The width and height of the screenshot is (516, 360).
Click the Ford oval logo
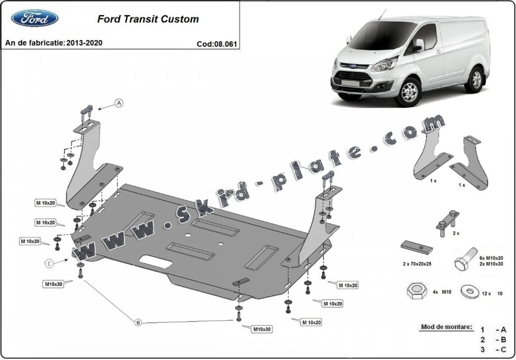(34, 18)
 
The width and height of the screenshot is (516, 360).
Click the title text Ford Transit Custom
(148, 19)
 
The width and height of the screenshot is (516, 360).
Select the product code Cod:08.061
(216, 44)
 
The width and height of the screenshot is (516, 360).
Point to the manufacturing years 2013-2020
(84, 43)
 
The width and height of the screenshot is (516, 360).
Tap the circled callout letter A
(119, 103)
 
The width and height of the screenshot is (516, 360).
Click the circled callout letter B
(138, 322)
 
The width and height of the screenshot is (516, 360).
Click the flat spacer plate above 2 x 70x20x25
(417, 247)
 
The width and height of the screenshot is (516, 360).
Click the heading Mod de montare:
(446, 327)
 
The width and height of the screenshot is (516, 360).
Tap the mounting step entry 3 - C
(493, 350)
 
